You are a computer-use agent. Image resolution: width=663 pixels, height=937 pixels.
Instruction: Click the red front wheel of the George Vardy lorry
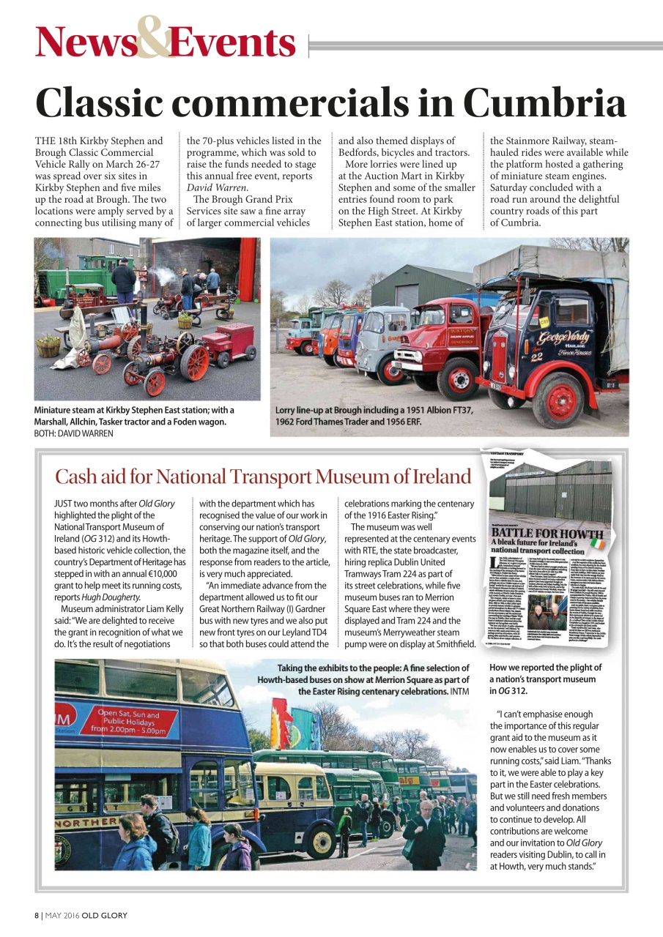[x=560, y=400]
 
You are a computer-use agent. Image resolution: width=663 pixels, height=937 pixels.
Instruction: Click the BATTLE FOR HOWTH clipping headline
[x=547, y=533]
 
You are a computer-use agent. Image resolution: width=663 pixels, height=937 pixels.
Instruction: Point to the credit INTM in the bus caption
[x=459, y=691]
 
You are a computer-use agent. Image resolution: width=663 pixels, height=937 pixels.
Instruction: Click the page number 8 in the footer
[x=36, y=916]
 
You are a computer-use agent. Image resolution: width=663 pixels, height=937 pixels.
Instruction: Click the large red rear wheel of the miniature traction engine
[x=194, y=362]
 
